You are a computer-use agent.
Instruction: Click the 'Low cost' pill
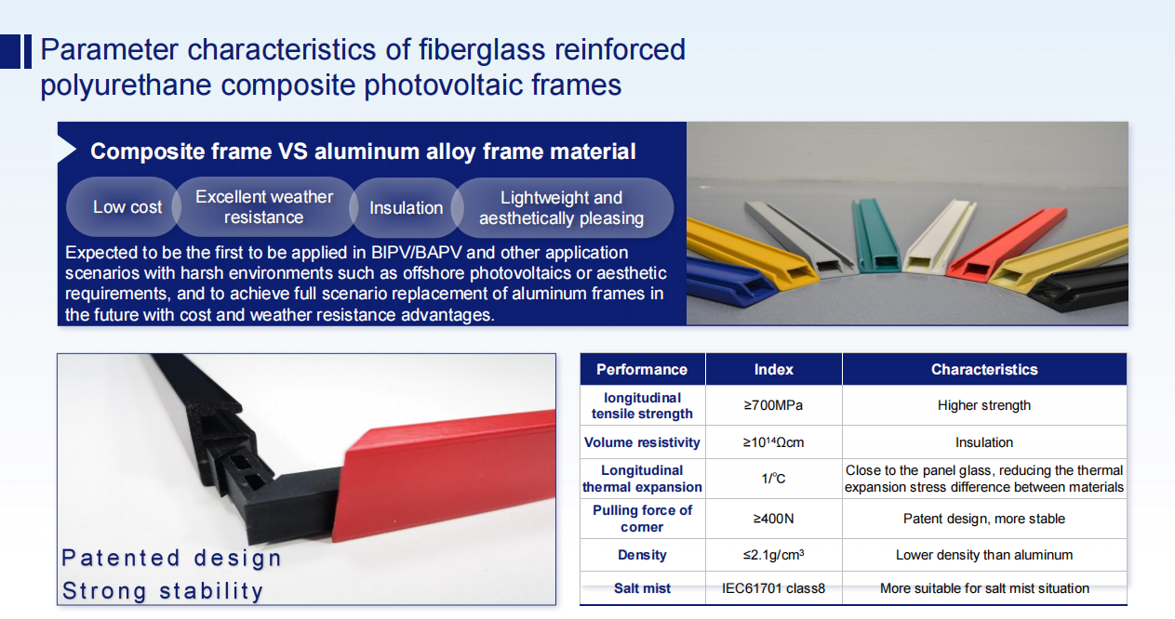point(125,207)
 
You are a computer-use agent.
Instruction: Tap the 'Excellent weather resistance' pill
point(264,207)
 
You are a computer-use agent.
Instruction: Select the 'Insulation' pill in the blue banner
point(406,207)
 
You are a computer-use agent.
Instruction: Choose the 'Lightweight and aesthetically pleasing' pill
point(561,207)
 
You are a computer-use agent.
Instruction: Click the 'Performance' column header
point(642,370)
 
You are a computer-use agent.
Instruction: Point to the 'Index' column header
point(774,370)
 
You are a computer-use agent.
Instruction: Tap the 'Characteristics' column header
point(984,370)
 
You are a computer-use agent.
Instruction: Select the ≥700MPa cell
point(774,405)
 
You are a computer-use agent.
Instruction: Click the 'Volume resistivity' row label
point(642,442)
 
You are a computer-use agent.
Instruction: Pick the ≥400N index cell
point(774,519)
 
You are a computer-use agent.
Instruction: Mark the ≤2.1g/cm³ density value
point(774,555)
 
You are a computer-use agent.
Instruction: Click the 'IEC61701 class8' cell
point(774,588)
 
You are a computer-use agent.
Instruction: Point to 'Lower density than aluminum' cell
point(984,555)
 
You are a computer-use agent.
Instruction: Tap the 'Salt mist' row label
point(642,588)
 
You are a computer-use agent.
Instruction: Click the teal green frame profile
point(874,236)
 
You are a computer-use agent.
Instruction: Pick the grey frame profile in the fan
point(800,239)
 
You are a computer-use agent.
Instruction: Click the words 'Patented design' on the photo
point(171,559)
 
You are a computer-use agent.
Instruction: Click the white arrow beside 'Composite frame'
point(67,150)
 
